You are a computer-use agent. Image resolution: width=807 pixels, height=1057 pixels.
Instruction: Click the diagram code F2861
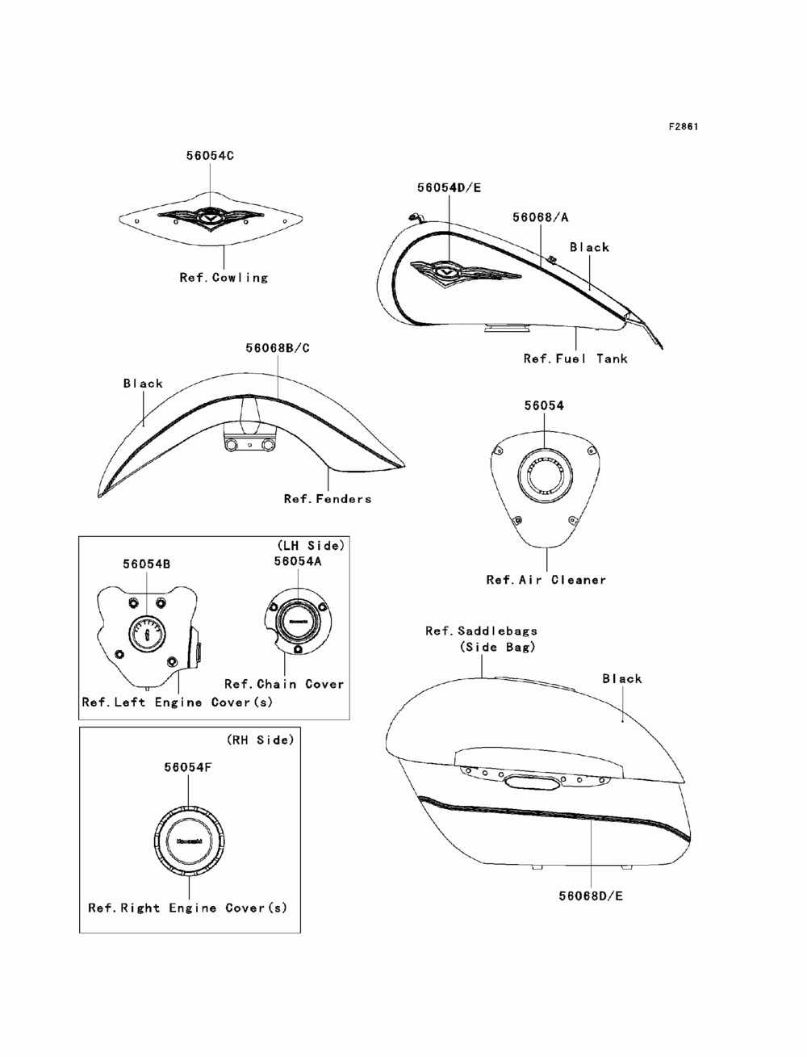tap(683, 127)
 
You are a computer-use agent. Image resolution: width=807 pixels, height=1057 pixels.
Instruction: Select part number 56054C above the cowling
tap(210, 155)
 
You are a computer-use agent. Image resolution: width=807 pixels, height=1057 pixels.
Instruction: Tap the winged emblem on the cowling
tap(210, 217)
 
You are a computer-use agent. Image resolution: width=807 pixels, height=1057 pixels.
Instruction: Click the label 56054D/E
tap(449, 187)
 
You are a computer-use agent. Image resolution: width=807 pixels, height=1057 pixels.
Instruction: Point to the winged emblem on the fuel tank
tap(465, 271)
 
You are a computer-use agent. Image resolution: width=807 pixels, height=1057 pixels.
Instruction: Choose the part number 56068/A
tap(541, 217)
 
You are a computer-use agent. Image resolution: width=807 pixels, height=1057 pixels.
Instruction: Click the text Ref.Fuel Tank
tap(575, 358)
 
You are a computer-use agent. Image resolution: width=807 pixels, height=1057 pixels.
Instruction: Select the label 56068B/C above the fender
tap(278, 348)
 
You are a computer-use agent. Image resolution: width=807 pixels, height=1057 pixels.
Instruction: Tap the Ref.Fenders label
tap(328, 499)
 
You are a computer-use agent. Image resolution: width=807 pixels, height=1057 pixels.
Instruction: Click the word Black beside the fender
tap(143, 384)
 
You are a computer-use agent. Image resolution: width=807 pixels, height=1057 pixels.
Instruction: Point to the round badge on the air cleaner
tap(542, 474)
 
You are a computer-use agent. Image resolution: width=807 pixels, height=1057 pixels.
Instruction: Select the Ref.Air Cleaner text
tap(546, 580)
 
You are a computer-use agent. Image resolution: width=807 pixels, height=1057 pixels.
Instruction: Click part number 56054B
tap(146, 564)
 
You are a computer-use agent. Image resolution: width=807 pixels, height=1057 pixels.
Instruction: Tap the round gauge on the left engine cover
tap(147, 633)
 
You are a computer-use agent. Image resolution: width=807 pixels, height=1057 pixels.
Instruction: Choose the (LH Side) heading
tap(311, 546)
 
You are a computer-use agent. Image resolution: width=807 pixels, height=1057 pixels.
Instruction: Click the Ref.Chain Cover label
tap(284, 684)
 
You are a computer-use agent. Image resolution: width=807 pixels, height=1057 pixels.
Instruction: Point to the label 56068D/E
tap(592, 896)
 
